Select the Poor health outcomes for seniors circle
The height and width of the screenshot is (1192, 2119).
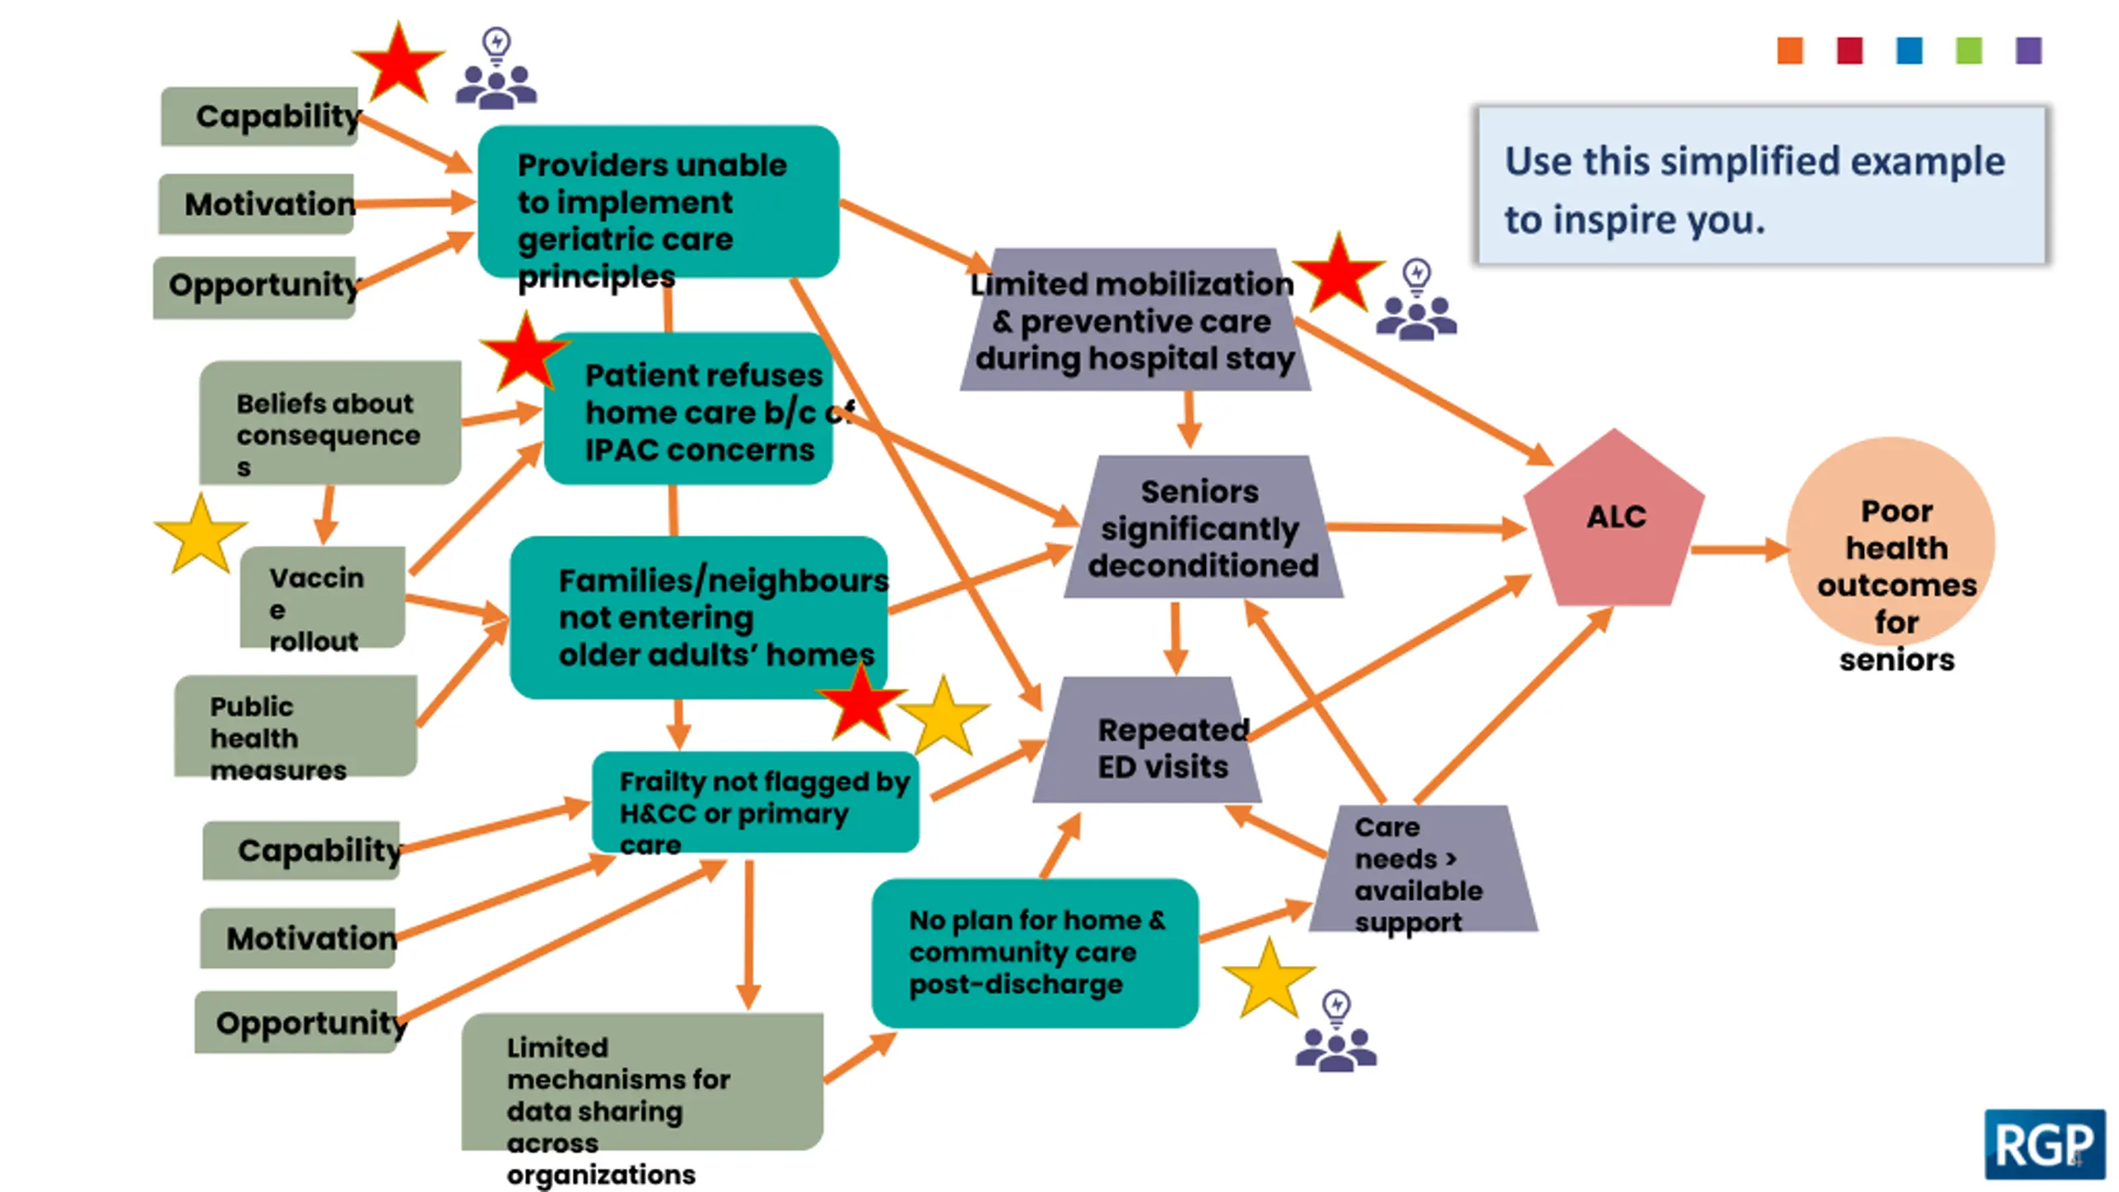point(1891,542)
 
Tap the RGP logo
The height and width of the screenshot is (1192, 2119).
point(2045,1145)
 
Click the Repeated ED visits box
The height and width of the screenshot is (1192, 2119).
point(1147,740)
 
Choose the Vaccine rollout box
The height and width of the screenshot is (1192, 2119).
point(323,597)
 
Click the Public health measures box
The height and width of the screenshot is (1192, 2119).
point(296,726)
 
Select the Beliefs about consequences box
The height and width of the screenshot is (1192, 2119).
point(330,423)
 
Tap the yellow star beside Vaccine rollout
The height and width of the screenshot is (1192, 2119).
point(201,536)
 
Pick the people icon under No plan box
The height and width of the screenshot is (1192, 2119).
point(1336,1031)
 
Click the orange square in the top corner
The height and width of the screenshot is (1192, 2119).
point(1790,50)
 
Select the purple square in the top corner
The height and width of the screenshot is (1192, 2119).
point(2029,50)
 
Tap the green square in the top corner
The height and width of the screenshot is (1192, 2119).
point(1969,50)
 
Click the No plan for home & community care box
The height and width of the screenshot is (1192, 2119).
point(1035,953)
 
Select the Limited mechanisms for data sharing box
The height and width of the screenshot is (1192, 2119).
point(642,1081)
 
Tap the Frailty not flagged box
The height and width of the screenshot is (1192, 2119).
point(756,802)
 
